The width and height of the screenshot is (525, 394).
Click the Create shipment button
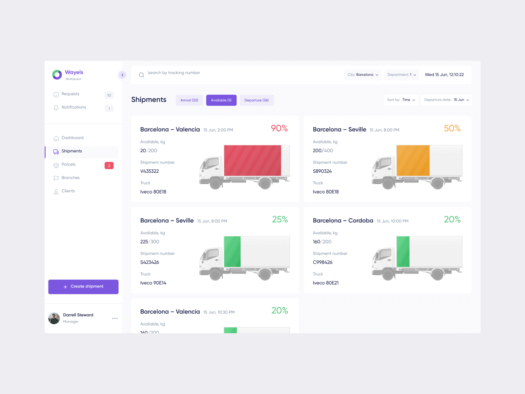click(x=83, y=287)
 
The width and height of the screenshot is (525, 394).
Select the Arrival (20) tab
click(x=189, y=100)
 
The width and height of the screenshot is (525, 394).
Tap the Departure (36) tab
click(x=256, y=100)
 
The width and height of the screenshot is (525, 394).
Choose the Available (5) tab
click(x=221, y=100)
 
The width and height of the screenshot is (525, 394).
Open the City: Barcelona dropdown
click(x=363, y=75)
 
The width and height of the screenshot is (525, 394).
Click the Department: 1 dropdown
click(x=401, y=75)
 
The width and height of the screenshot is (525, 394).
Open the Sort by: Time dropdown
click(x=401, y=100)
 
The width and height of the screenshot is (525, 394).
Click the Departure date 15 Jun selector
click(x=446, y=100)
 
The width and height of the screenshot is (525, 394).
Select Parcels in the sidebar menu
click(x=69, y=165)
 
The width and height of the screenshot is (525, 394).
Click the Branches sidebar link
click(x=70, y=178)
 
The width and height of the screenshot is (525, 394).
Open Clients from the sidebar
click(x=68, y=191)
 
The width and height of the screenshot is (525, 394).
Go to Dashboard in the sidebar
click(x=72, y=138)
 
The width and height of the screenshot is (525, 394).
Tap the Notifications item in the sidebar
click(x=74, y=107)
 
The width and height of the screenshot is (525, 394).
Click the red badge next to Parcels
click(x=109, y=166)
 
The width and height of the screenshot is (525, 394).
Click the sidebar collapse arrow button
click(x=122, y=75)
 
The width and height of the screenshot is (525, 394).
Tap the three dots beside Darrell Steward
click(x=115, y=319)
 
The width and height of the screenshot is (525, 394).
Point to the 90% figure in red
click(x=279, y=129)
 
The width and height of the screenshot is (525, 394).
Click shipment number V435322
click(x=150, y=171)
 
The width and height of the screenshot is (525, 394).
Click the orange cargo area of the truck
click(x=413, y=160)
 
